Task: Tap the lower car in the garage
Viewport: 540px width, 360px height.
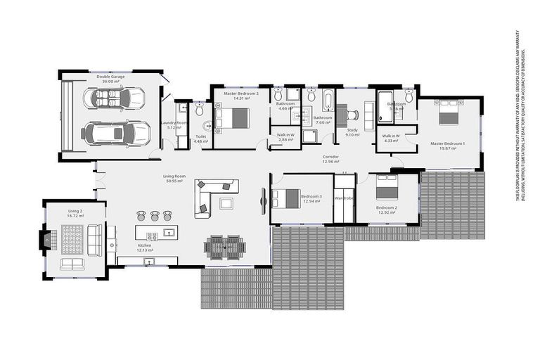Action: (116, 132)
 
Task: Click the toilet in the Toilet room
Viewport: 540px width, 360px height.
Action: (199, 110)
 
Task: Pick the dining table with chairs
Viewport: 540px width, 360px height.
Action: (225, 246)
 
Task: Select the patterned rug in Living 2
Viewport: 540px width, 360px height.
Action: (72, 240)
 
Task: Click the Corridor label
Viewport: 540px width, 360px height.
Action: (330, 156)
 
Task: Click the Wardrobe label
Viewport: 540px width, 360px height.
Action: (344, 198)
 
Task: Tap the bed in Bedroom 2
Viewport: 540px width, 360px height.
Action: (387, 188)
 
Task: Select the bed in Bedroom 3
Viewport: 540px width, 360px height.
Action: (286, 199)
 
